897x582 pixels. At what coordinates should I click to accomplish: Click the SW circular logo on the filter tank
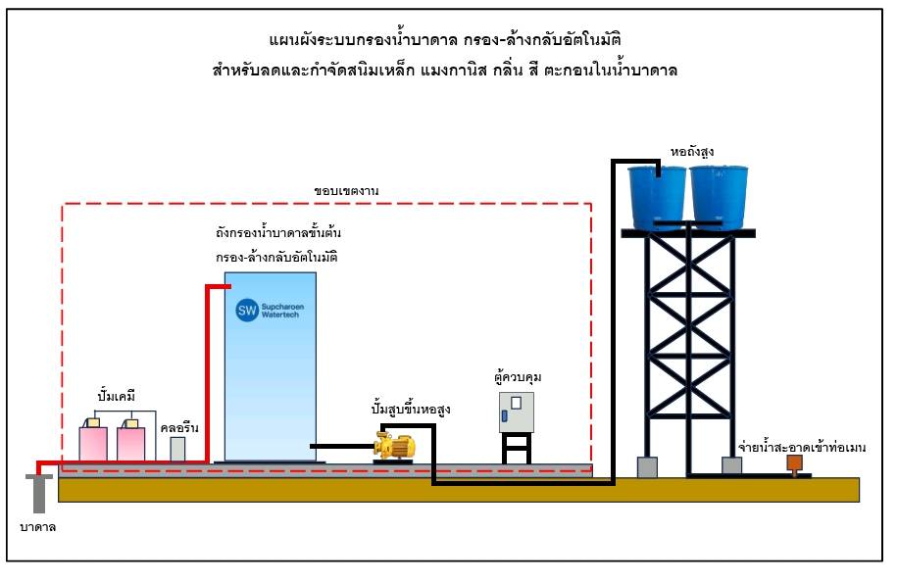click(246, 311)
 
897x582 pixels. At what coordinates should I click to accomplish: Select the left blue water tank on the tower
click(657, 196)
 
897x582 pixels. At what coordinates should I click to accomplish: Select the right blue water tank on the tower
click(721, 196)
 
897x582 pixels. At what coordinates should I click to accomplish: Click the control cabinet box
click(517, 412)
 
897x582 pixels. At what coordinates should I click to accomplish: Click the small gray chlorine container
click(177, 449)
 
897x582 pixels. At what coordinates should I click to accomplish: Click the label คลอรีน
click(177, 427)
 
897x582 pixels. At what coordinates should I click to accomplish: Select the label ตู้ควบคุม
click(520, 377)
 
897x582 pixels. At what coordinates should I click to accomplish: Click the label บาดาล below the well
click(37, 528)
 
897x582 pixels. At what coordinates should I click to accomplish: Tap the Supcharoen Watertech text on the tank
click(283, 312)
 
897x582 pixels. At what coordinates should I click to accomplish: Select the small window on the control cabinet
click(516, 403)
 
